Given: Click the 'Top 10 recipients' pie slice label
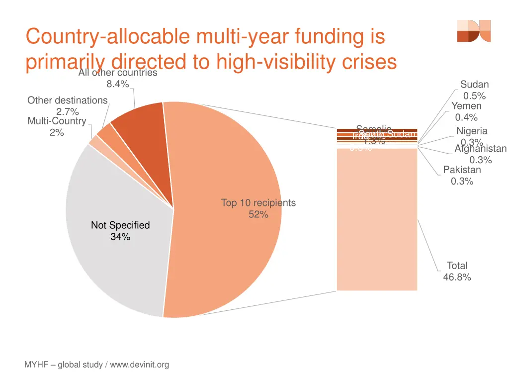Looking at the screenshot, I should coord(258,203).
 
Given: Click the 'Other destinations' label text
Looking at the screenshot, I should coord(67,100).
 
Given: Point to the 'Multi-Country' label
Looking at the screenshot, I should coord(57,121).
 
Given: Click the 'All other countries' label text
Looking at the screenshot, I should coord(118,73).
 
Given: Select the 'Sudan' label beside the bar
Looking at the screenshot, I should coord(474,85).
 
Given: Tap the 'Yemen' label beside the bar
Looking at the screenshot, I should coord(466,106).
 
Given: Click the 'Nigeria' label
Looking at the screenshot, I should coord(472,131).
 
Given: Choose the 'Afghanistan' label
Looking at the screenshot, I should coord(480,149).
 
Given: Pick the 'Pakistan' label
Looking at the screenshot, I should coord(462,170).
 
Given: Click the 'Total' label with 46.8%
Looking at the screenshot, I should coord(457,266).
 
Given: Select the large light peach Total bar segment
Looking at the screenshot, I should coord(377,219).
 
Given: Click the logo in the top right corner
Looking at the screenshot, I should coord(474,31).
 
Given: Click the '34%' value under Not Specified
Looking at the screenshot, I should coord(120,237).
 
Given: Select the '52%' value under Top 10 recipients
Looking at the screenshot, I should coord(258,215).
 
